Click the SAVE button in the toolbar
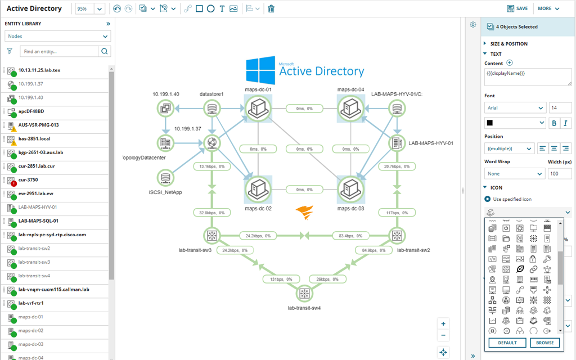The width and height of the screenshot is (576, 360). pyautogui.click(x=517, y=8)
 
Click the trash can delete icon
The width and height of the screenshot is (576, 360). pyautogui.click(x=271, y=8)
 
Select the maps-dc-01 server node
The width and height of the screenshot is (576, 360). pyautogui.click(x=258, y=108)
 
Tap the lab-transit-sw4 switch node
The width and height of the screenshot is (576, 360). pyautogui.click(x=304, y=293)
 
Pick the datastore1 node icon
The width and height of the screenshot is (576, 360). pyautogui.click(x=211, y=108)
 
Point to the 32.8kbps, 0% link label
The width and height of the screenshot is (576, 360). pyautogui.click(x=211, y=213)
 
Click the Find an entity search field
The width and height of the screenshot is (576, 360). pyautogui.click(x=59, y=51)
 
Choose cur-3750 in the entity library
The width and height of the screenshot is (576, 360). pyautogui.click(x=29, y=180)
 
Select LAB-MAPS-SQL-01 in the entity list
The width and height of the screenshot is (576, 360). pyautogui.click(x=38, y=221)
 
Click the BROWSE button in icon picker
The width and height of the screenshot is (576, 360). pyautogui.click(x=544, y=343)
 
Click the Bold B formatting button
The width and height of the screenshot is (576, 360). pyautogui.click(x=554, y=123)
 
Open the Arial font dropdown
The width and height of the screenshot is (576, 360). pyautogui.click(x=515, y=107)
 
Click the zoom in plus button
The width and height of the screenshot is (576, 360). pyautogui.click(x=443, y=324)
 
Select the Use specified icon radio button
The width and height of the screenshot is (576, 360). pyautogui.click(x=488, y=199)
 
